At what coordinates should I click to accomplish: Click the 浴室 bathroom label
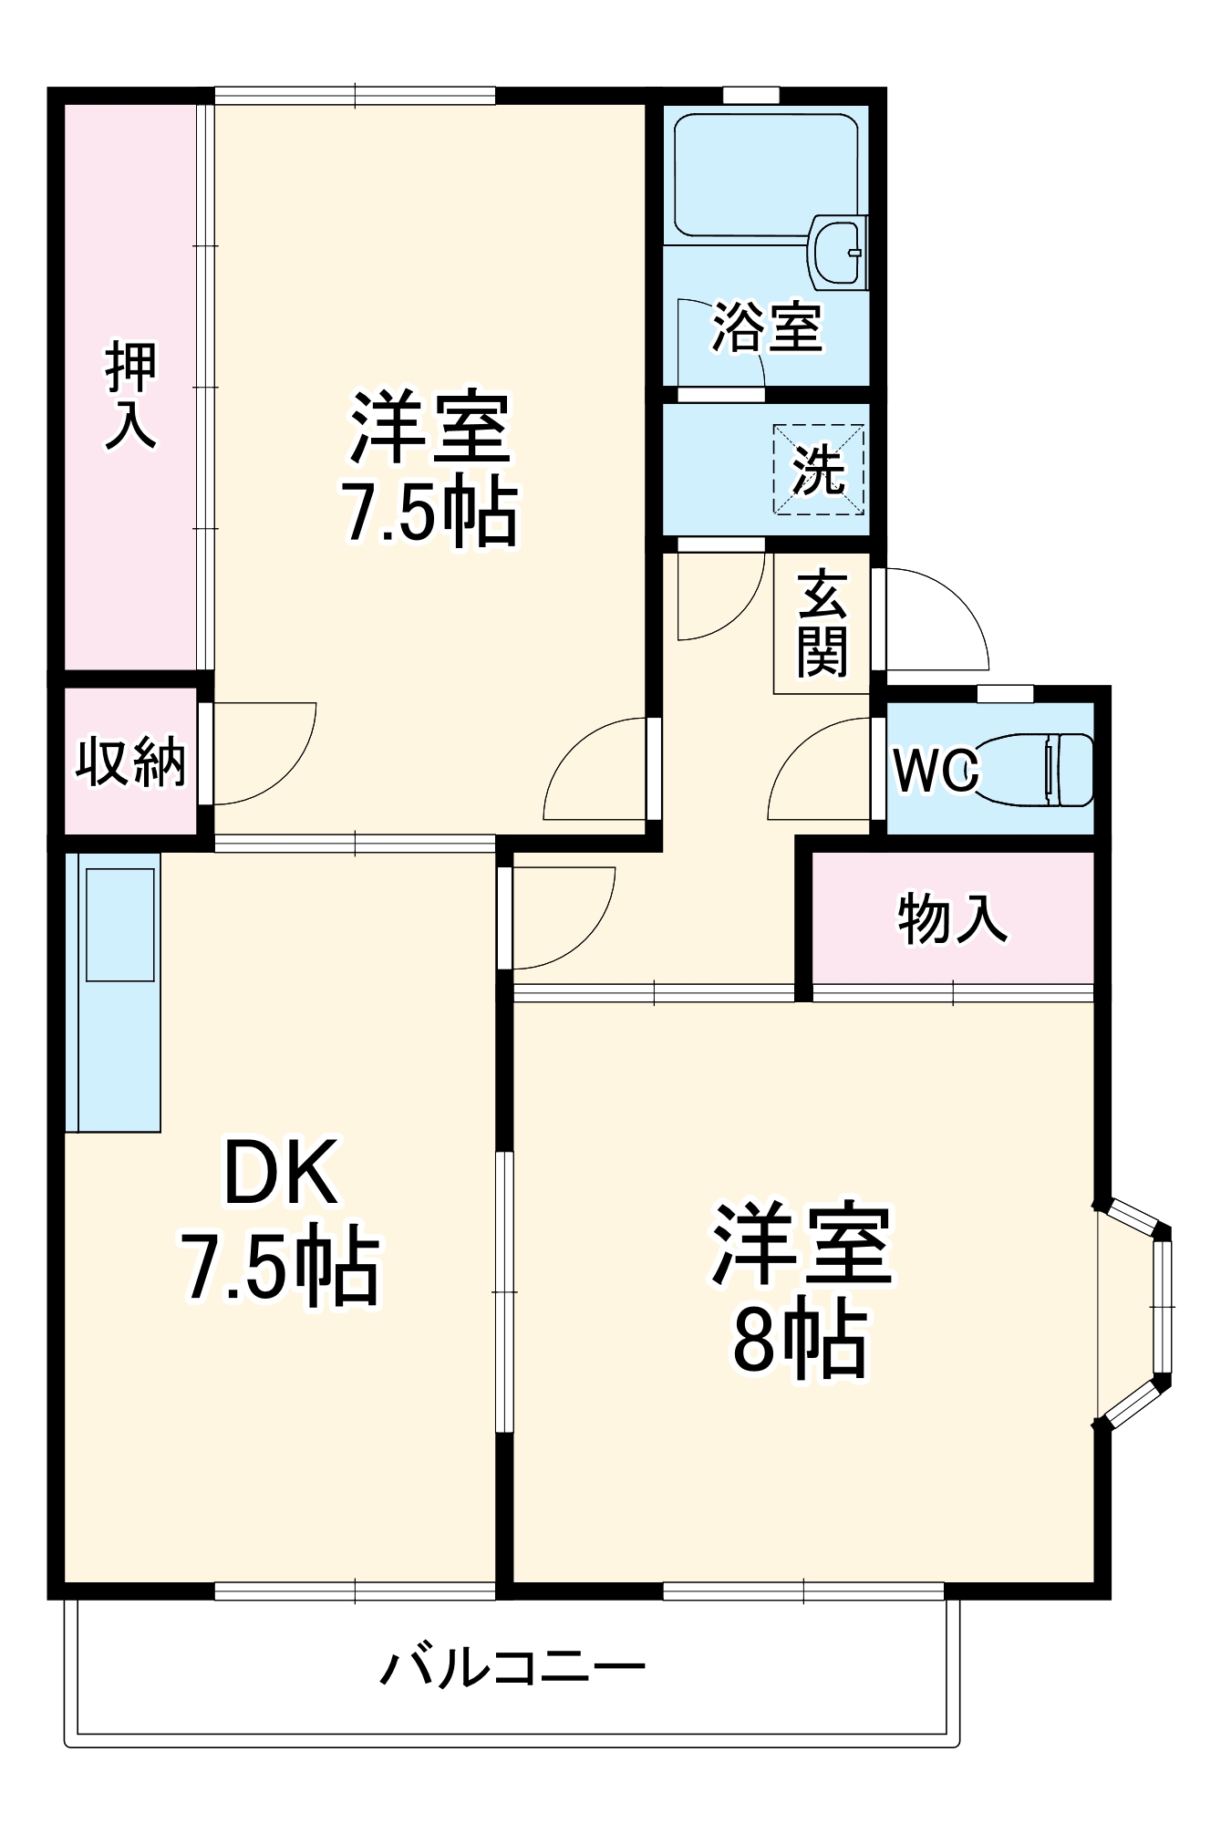coord(767,327)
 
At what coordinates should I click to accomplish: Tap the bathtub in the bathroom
coord(764,173)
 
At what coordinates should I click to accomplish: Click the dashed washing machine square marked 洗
coord(818,470)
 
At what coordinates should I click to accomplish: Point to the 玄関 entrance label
coord(822,625)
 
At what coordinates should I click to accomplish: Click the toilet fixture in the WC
coord(1040,769)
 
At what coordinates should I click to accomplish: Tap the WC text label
coord(936,771)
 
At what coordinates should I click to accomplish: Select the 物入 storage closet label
coord(952,918)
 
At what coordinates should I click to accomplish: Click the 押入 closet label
coord(131,394)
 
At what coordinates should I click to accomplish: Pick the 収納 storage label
coord(130,762)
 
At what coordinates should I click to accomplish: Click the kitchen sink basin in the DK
coord(119,924)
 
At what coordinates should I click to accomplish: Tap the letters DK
coord(280,1175)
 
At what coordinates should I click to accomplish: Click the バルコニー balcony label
coord(512,1668)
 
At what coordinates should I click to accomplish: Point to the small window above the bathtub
coord(750,95)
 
